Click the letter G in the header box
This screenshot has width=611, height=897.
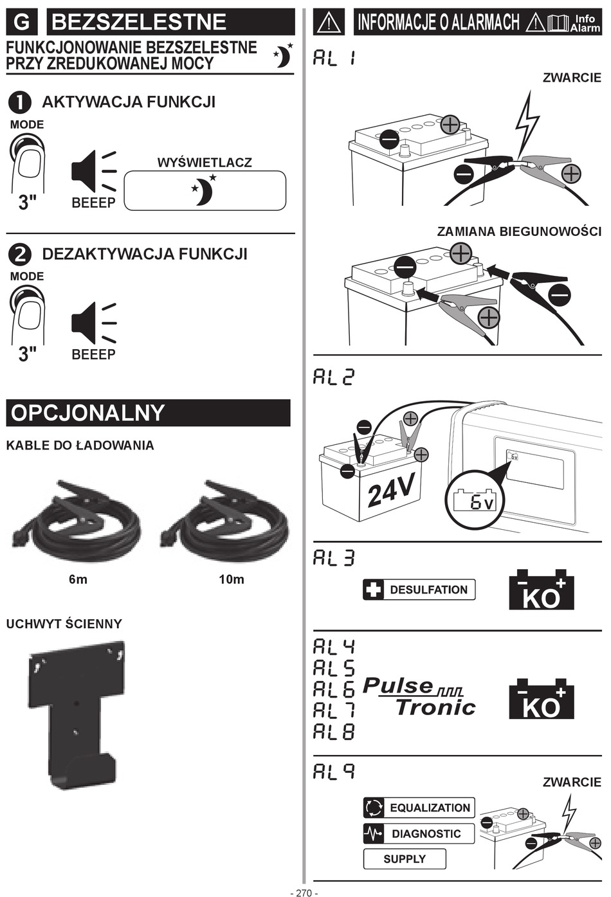pyautogui.click(x=22, y=22)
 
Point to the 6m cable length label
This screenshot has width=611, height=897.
pyautogui.click(x=78, y=579)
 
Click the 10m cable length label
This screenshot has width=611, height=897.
pyautogui.click(x=232, y=579)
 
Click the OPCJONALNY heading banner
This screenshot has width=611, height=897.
pyautogui.click(x=148, y=413)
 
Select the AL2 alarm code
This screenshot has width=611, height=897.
pyautogui.click(x=333, y=377)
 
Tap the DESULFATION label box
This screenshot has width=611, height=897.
pyautogui.click(x=419, y=590)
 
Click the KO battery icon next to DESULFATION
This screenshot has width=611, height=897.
pyautogui.click(x=542, y=590)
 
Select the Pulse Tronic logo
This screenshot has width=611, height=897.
pyautogui.click(x=419, y=698)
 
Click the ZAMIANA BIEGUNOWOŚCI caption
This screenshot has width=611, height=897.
pyautogui.click(x=519, y=231)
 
